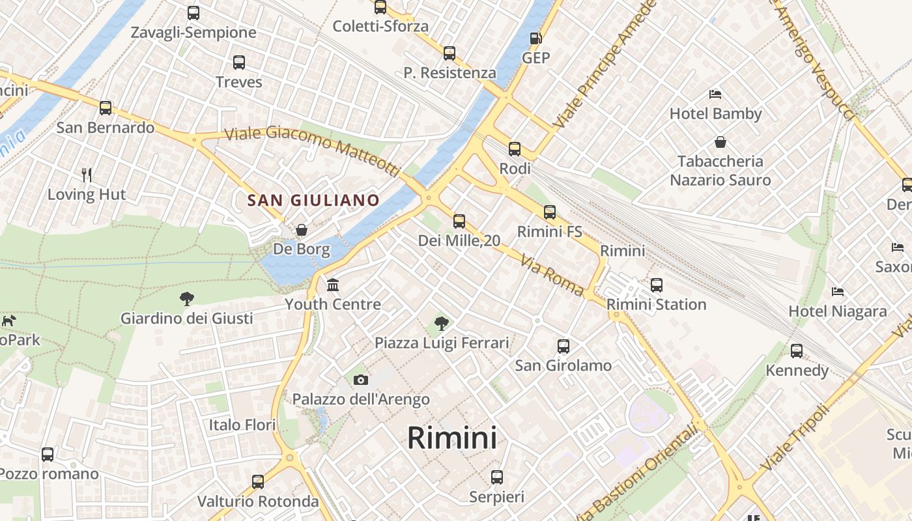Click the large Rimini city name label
(x=452, y=438)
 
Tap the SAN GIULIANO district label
(x=313, y=200)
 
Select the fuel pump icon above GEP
(x=535, y=38)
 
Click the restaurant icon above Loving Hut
(x=87, y=174)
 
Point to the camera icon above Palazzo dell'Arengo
(x=360, y=380)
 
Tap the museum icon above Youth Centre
(x=333, y=285)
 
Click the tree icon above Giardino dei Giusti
(x=187, y=299)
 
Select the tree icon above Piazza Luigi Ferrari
(x=442, y=323)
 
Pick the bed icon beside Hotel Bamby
(x=715, y=94)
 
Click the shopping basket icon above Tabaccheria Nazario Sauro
(x=720, y=141)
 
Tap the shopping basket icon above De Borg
(x=302, y=229)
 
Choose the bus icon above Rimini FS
(x=550, y=212)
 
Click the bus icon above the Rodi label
(x=515, y=149)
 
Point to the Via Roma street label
(x=551, y=275)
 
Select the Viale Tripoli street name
(x=795, y=438)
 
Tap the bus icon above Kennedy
(x=796, y=351)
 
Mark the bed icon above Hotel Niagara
(x=838, y=291)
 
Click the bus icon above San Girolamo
(x=563, y=346)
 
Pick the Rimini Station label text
(x=656, y=304)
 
